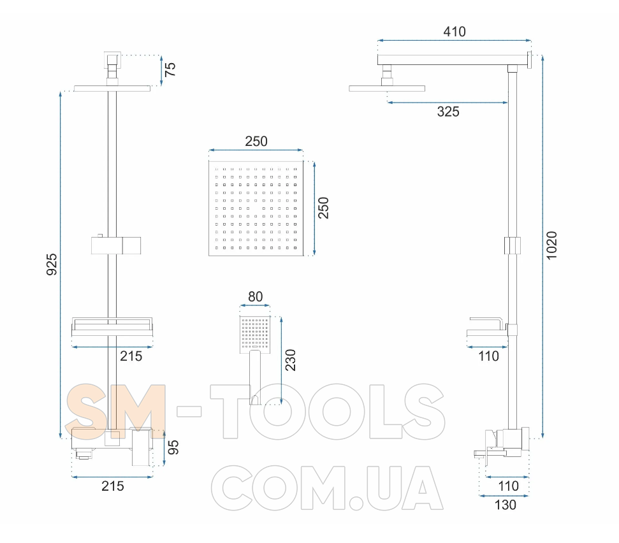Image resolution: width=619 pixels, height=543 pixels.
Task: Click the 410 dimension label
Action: click(x=455, y=32)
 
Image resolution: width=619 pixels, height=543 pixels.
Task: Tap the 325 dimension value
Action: click(x=448, y=112)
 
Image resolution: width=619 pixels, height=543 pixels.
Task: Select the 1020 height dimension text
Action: click(x=551, y=245)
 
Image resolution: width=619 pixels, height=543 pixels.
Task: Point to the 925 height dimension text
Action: click(x=52, y=264)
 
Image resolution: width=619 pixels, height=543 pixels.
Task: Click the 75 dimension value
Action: click(x=170, y=70)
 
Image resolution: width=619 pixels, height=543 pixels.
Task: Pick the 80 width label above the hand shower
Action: click(x=256, y=297)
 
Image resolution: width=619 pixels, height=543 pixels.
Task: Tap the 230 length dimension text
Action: click(x=290, y=360)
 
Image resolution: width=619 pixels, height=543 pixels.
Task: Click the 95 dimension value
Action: click(x=173, y=447)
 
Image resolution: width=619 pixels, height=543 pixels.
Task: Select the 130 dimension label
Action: click(x=506, y=505)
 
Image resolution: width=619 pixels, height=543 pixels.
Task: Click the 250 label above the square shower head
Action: click(x=256, y=141)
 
